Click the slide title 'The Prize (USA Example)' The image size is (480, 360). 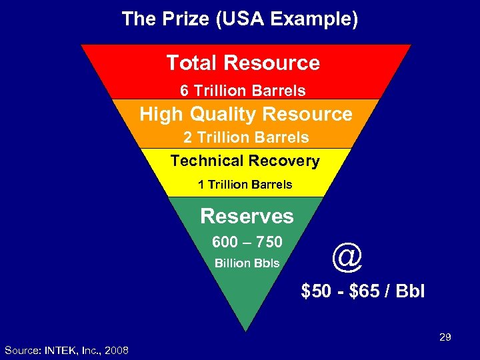240,19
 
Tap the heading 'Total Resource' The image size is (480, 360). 243,63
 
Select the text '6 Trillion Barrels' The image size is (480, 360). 243,91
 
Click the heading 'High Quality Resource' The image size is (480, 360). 246,114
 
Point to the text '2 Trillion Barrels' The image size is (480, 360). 246,138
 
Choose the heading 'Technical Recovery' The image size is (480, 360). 245,161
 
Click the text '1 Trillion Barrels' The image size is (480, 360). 245,185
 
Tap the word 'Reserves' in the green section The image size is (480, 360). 247,216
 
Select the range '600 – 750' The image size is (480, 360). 247,241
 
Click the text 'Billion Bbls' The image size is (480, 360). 247,263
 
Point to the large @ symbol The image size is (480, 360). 347,257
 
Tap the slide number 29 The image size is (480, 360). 445,338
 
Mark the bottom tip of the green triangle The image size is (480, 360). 246,330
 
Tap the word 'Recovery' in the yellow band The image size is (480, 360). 283,161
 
